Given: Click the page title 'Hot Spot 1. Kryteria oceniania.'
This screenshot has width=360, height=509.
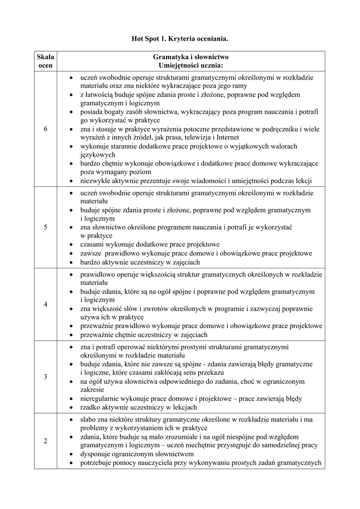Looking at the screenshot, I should click(180, 38).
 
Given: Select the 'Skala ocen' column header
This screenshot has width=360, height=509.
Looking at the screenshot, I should click(45, 61).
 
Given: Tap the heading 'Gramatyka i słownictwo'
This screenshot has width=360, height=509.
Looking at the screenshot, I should click(191, 57).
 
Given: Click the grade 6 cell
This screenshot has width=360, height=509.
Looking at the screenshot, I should click(45, 129).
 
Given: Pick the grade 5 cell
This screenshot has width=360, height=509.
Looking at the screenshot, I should click(45, 227).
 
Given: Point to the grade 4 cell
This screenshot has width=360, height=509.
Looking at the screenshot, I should click(45, 304).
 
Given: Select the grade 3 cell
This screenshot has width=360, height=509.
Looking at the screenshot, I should click(45, 377).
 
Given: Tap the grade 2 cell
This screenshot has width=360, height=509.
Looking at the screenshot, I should click(45, 441).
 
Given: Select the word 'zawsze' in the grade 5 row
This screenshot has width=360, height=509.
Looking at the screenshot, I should click(91, 254).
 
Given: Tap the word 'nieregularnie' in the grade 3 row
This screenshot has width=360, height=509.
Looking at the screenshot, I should click(100, 399).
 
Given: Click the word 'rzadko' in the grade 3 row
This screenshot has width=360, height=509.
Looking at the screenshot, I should click(90, 408).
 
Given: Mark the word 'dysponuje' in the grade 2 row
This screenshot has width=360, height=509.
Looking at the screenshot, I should click(95, 454).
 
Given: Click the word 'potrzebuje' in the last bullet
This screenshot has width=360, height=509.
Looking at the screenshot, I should click(96, 463).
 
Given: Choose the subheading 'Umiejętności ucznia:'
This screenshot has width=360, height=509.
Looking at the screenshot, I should click(191, 66).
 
